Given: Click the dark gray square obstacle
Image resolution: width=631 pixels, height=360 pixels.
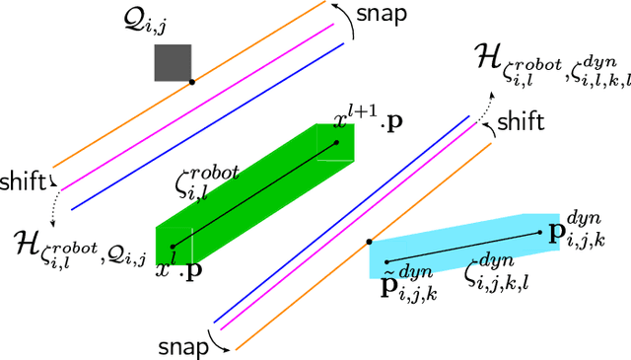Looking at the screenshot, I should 172,62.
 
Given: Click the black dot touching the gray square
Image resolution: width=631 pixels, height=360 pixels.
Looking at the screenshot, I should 191,82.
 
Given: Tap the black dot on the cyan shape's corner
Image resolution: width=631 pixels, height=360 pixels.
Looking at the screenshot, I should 369,241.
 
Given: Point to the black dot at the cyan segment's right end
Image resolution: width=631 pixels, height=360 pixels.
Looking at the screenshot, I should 540,233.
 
